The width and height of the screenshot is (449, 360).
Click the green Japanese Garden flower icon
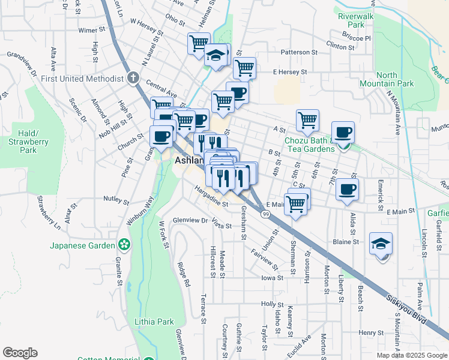click(124, 245)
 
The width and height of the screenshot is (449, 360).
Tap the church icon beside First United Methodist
click(133, 78)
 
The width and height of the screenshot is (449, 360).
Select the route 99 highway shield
click(265, 213)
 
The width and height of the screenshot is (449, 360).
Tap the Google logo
click(20, 353)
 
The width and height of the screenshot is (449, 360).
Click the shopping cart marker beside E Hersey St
click(244, 68)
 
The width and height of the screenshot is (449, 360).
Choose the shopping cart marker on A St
click(307, 119)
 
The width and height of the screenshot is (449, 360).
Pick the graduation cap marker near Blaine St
click(381, 244)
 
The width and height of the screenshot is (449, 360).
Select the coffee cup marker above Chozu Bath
click(343, 132)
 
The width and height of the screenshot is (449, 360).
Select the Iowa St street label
click(272, 278)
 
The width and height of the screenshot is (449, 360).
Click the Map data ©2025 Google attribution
click(412, 355)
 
